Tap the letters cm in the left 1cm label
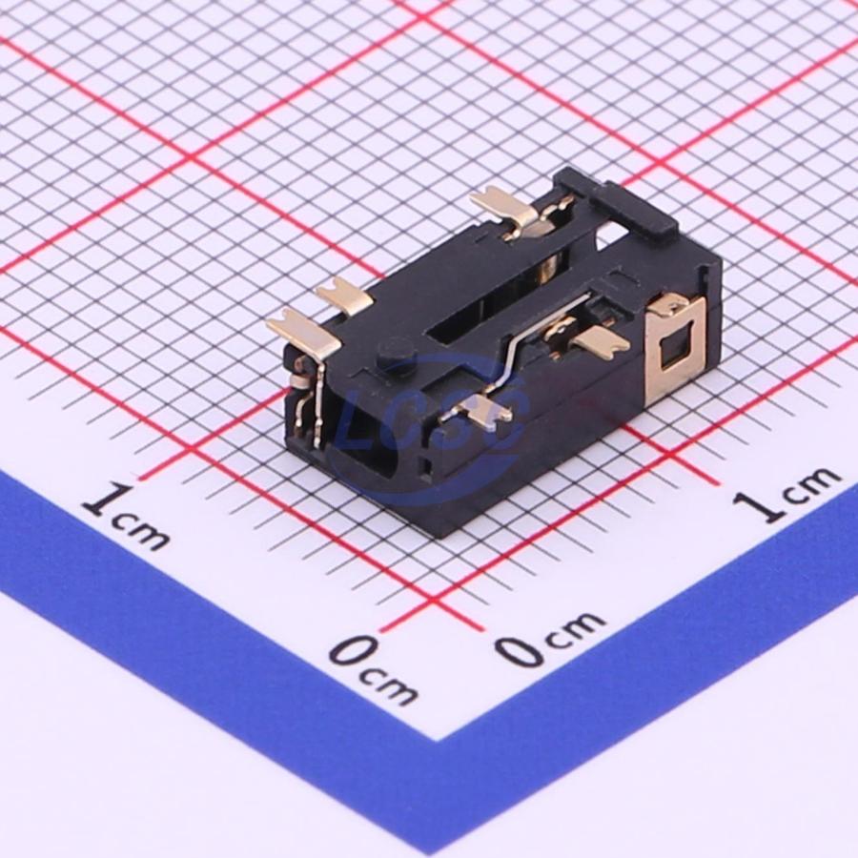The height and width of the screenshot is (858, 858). [142, 531]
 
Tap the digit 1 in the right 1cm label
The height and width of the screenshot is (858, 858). [758, 505]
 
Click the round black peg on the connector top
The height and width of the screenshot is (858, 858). [397, 353]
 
